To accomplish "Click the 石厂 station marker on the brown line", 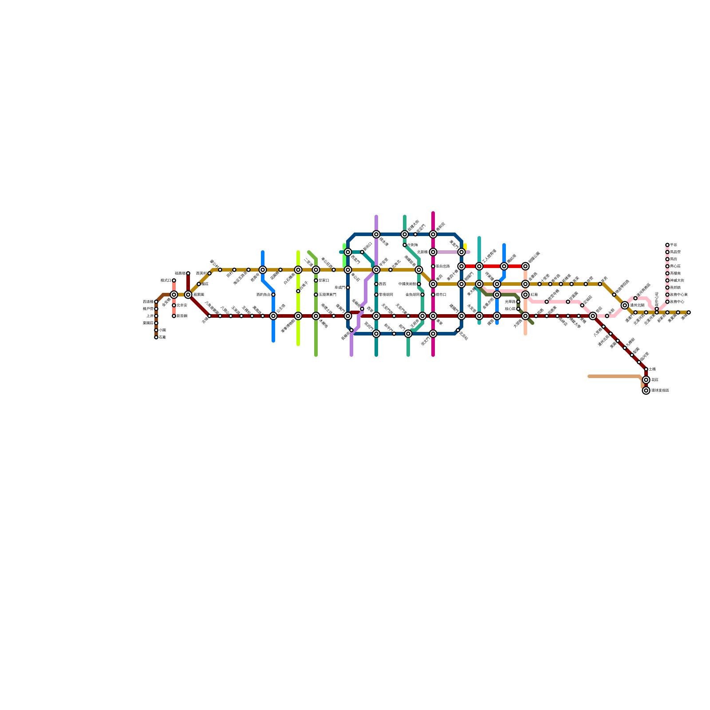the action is (156, 337).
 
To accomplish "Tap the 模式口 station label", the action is (166, 280).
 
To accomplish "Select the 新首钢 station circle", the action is (174, 316).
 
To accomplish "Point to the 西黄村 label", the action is (201, 273).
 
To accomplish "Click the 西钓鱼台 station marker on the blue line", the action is (273, 295).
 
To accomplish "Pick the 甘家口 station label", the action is (323, 280).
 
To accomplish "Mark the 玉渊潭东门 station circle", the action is (316, 295).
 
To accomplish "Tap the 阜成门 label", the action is (339, 288).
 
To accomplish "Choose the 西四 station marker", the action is (376, 284).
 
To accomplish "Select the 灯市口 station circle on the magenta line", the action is (433, 295).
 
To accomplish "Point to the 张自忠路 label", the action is (442, 266).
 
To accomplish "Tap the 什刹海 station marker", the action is (405, 245).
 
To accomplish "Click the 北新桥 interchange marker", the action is (433, 252).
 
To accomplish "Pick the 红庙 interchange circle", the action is (525, 295).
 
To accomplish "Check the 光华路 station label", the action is (510, 302).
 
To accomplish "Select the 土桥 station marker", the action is (646, 369).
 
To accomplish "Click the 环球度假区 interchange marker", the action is (646, 390).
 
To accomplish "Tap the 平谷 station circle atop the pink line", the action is (667, 245).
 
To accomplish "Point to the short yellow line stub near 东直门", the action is (465, 246).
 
